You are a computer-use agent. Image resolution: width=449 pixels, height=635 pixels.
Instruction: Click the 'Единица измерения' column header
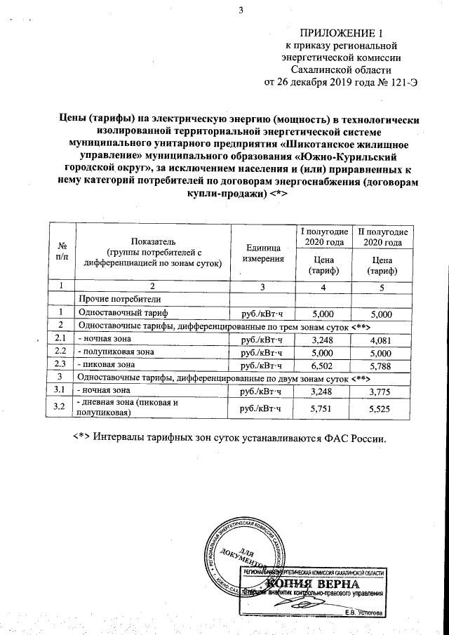coord(263,254)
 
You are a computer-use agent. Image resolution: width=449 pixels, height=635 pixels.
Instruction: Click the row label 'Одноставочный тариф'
coord(123,313)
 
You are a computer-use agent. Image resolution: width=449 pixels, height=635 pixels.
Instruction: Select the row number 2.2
coord(61,352)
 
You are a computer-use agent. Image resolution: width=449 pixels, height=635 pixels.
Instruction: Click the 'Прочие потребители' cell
coord(116,300)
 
